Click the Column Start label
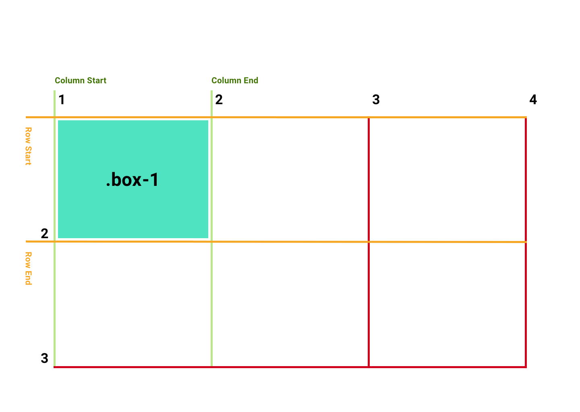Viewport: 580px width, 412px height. [81, 80]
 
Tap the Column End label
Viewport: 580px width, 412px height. [235, 80]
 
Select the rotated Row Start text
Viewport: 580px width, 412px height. [28, 146]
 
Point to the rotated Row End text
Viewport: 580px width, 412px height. [28, 268]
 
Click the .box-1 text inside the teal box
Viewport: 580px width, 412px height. [132, 179]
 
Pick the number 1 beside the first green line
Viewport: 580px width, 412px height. [62, 99]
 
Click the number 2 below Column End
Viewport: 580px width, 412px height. [219, 99]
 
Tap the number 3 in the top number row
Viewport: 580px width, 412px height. [376, 99]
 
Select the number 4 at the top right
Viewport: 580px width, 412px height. [533, 99]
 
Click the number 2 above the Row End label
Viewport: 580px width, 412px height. [45, 233]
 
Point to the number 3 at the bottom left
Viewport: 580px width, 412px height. [45, 358]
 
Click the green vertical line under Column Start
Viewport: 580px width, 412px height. [55, 229]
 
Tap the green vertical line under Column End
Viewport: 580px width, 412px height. [211, 228]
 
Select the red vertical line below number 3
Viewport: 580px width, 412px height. [369, 242]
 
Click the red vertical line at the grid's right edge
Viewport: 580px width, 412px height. [526, 242]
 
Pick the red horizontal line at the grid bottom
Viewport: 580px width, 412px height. [290, 367]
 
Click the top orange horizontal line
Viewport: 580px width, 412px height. [276, 117]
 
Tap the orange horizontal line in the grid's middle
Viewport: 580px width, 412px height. [276, 242]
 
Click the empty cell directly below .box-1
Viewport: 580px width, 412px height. [133, 304]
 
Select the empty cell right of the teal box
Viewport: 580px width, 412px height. [290, 179]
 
